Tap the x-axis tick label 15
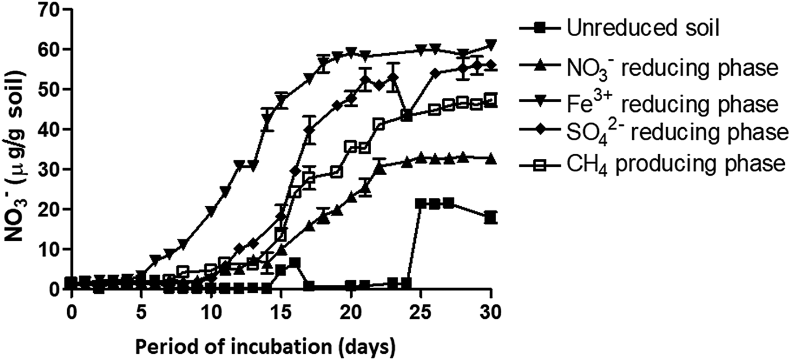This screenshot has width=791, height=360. [281, 311]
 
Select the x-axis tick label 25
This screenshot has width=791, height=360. [421, 311]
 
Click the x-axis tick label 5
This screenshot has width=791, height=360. [141, 311]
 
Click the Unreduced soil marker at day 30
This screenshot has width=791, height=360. [491, 217]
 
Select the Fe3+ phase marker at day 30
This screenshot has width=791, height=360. [491, 45]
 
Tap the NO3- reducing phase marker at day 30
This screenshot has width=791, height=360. [491, 159]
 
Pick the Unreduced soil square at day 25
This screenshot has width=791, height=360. [421, 203]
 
